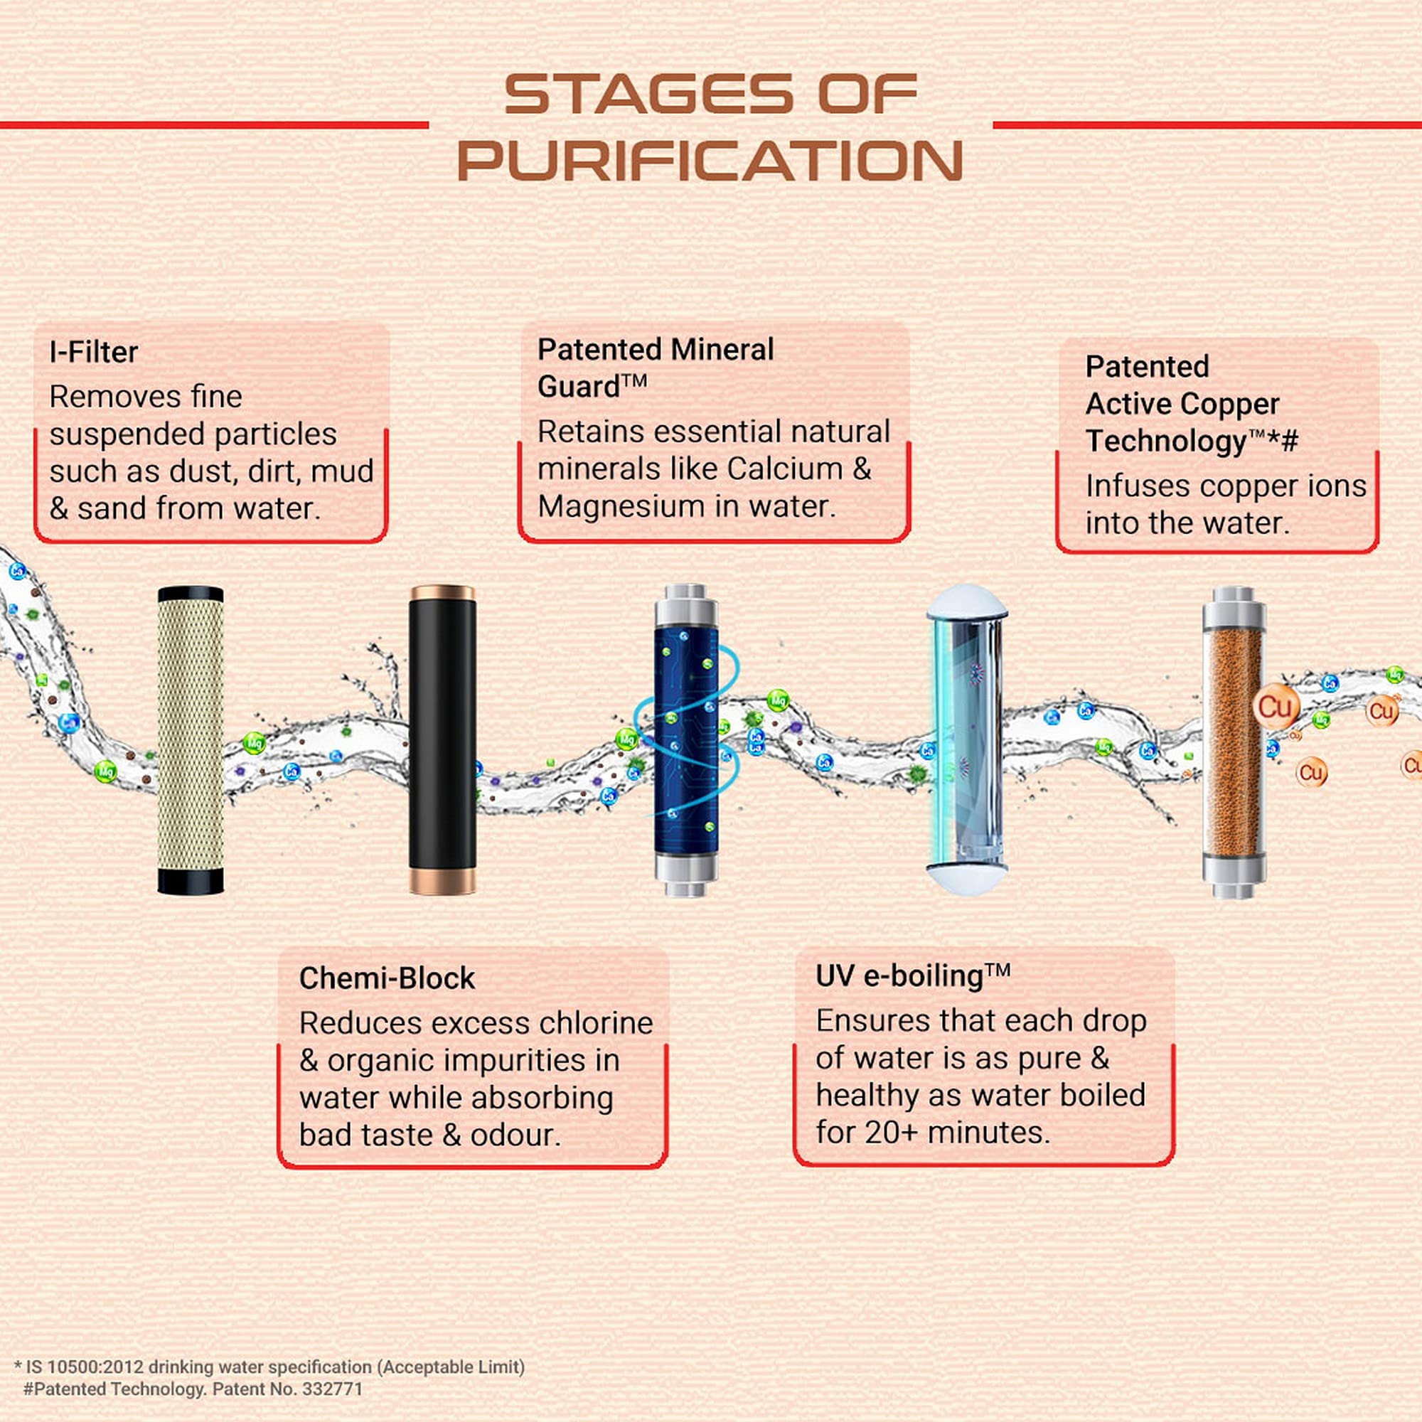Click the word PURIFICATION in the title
click(x=710, y=161)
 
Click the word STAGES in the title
click(x=648, y=95)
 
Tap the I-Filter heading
click(x=93, y=352)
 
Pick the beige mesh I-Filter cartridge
click(x=191, y=739)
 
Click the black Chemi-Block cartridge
click(x=442, y=739)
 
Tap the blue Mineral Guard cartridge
click(x=685, y=739)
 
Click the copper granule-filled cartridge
click(x=1234, y=739)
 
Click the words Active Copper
click(x=1182, y=404)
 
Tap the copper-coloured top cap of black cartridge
click(x=442, y=592)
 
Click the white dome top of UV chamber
click(x=966, y=600)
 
